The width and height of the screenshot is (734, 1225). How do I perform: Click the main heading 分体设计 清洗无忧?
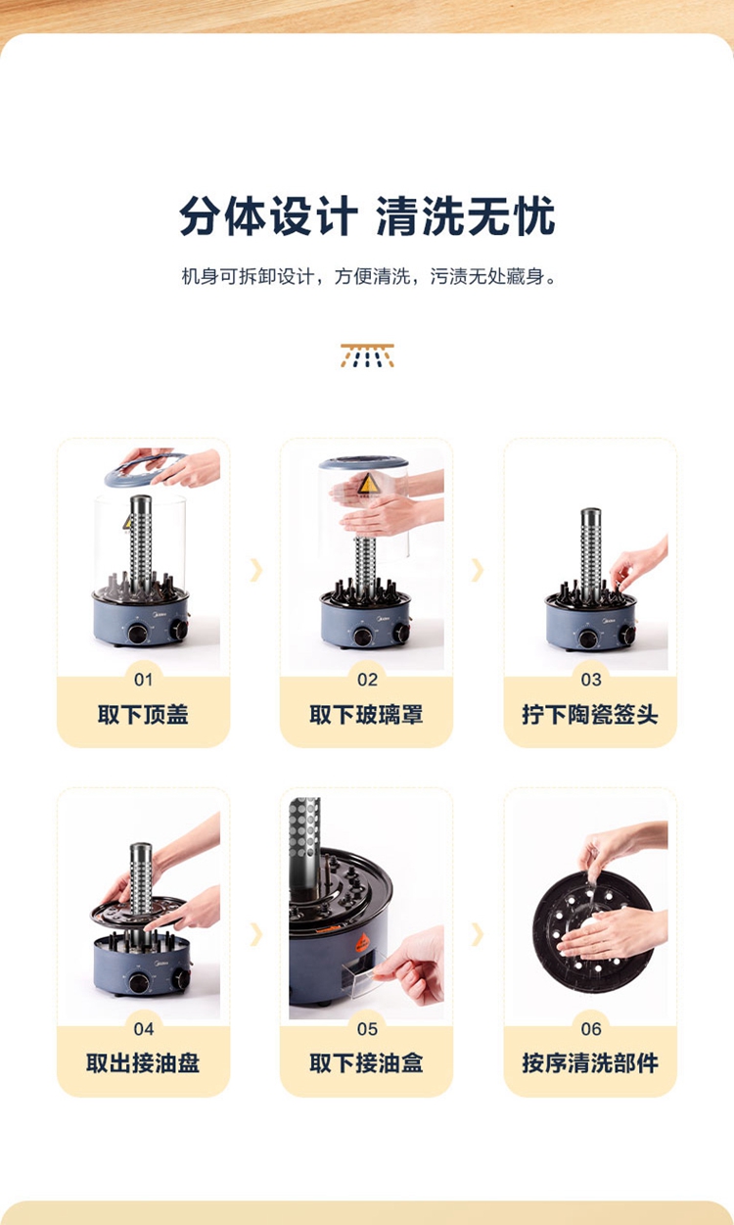point(367,215)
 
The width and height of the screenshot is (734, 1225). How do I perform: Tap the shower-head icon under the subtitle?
point(367,355)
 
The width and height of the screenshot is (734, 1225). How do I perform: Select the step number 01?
point(143,680)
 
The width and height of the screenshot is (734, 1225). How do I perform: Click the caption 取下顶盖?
point(143,715)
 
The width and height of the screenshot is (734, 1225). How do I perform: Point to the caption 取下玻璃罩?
point(367,715)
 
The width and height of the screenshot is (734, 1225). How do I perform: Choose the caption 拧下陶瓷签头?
point(590,715)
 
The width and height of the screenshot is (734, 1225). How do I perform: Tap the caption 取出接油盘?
point(143,1063)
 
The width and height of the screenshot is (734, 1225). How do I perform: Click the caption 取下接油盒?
point(367,1063)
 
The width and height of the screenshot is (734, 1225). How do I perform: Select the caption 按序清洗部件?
point(590,1063)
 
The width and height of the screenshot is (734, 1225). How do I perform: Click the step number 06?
point(591,1029)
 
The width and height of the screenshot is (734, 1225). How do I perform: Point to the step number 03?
point(591,680)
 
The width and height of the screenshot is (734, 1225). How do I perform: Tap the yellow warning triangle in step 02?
point(368,484)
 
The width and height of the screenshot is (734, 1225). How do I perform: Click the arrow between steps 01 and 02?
point(256,570)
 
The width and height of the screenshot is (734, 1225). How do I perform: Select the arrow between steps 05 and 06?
point(478,933)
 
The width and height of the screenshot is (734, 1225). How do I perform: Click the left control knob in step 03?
point(588,637)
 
